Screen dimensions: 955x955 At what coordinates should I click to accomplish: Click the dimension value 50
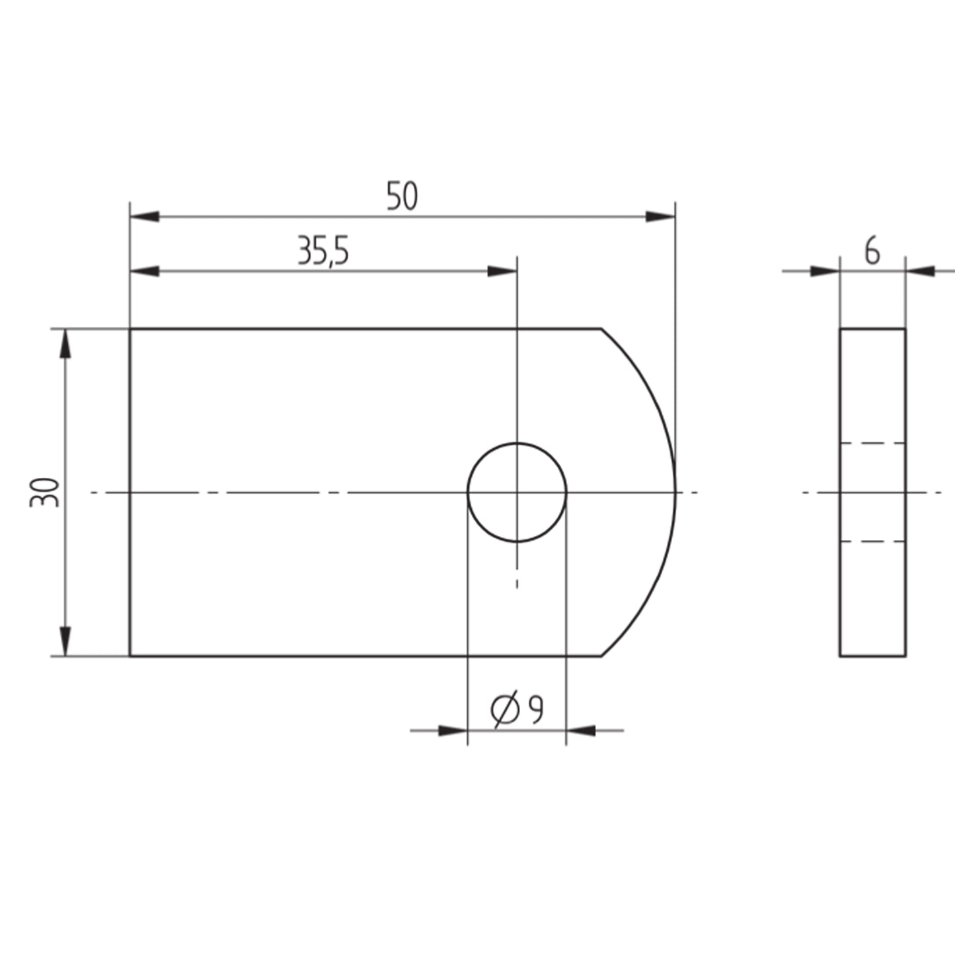click(x=402, y=196)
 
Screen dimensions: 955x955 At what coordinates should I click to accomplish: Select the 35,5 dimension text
click(x=323, y=251)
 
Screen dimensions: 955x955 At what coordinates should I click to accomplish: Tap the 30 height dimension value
click(x=44, y=492)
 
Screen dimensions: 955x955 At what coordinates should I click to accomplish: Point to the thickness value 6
click(x=872, y=252)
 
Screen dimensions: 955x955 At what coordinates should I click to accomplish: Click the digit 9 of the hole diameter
click(x=536, y=710)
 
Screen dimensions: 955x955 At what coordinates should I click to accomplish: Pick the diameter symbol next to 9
click(x=505, y=710)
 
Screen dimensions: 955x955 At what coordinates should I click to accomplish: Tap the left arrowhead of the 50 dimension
click(x=145, y=217)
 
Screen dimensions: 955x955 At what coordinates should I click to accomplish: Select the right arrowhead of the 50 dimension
click(x=660, y=217)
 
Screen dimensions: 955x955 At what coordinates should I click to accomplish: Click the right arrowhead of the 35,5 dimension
click(x=502, y=271)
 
